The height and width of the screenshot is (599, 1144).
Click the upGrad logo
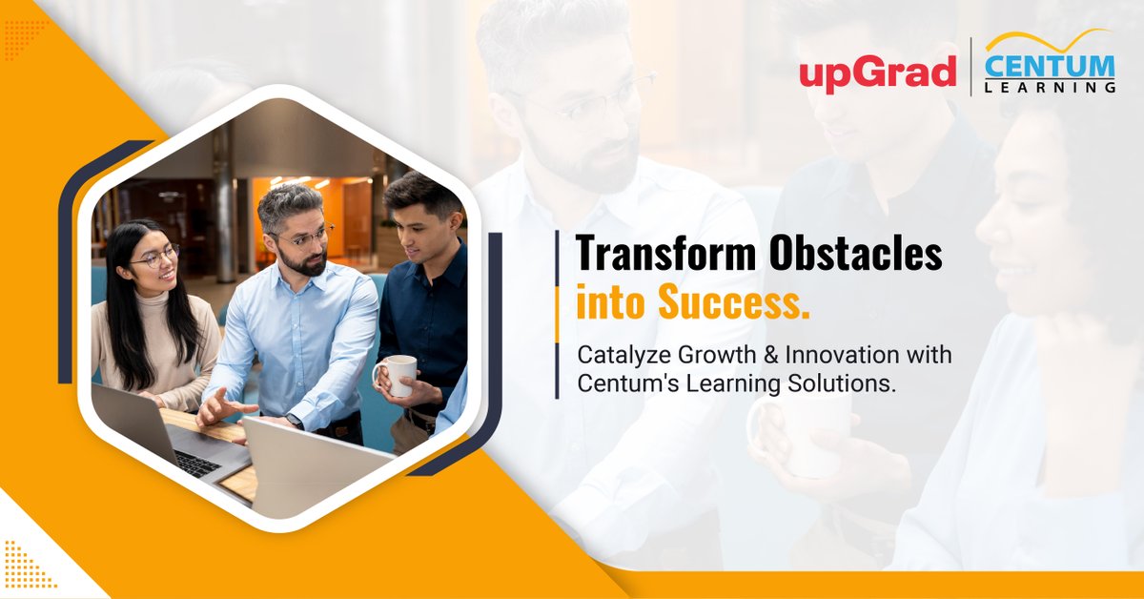(878, 73)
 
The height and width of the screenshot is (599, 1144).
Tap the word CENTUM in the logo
(1050, 66)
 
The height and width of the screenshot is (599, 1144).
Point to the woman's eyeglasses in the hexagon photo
(155, 256)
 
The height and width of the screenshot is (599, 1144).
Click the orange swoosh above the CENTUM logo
(1049, 41)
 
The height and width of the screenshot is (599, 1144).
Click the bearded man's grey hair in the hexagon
(288, 197)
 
